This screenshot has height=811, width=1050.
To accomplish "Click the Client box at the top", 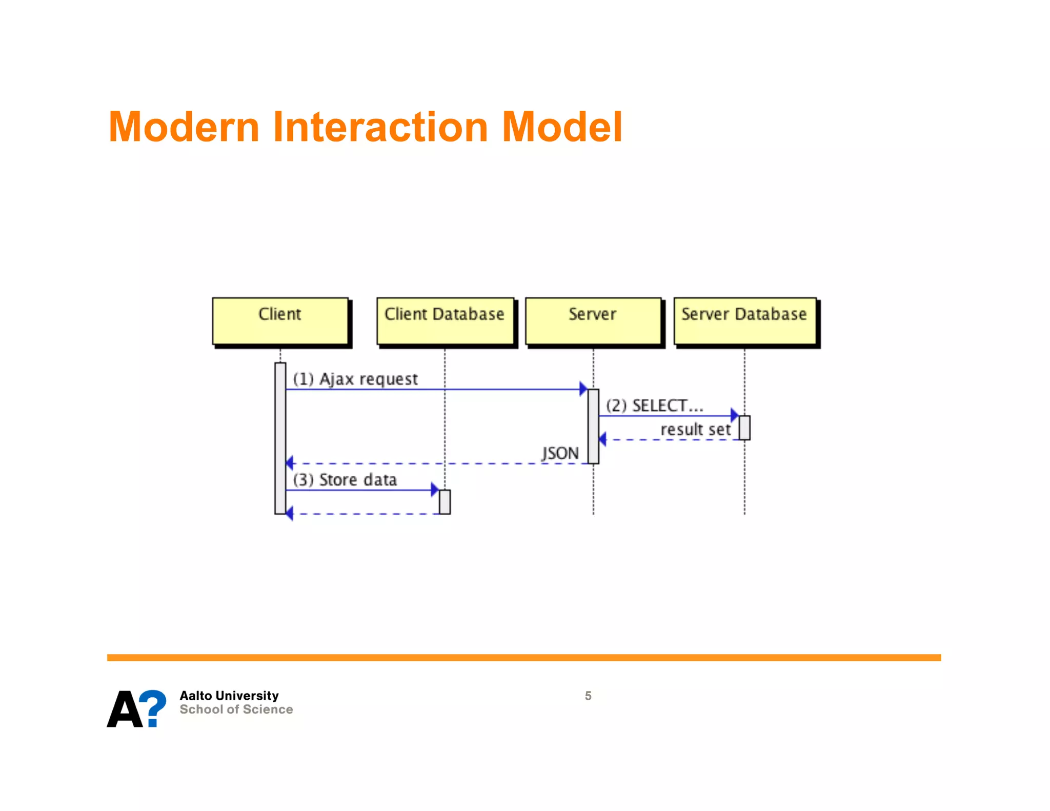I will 280,321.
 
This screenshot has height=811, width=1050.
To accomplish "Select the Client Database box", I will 445,321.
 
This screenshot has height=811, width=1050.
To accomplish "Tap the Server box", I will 593,321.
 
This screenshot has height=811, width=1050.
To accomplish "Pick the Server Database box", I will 744,321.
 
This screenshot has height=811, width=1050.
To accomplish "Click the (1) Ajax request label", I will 355,379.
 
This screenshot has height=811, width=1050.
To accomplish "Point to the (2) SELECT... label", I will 654,406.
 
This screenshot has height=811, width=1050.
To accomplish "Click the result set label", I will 695,429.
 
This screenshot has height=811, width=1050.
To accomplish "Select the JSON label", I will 560,453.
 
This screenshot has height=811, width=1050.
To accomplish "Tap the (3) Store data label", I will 345,480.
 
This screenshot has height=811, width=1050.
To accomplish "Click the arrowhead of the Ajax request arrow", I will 583,389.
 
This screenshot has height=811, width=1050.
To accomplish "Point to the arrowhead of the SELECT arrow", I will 734,415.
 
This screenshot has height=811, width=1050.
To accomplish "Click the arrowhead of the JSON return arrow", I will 290,463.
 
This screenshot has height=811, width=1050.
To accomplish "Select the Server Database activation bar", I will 744,428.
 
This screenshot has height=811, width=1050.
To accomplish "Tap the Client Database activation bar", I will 445,502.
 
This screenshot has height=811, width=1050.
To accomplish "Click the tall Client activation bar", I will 280,438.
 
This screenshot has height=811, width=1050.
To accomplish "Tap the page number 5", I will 588,696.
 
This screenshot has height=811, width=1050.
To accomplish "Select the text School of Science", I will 236,709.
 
